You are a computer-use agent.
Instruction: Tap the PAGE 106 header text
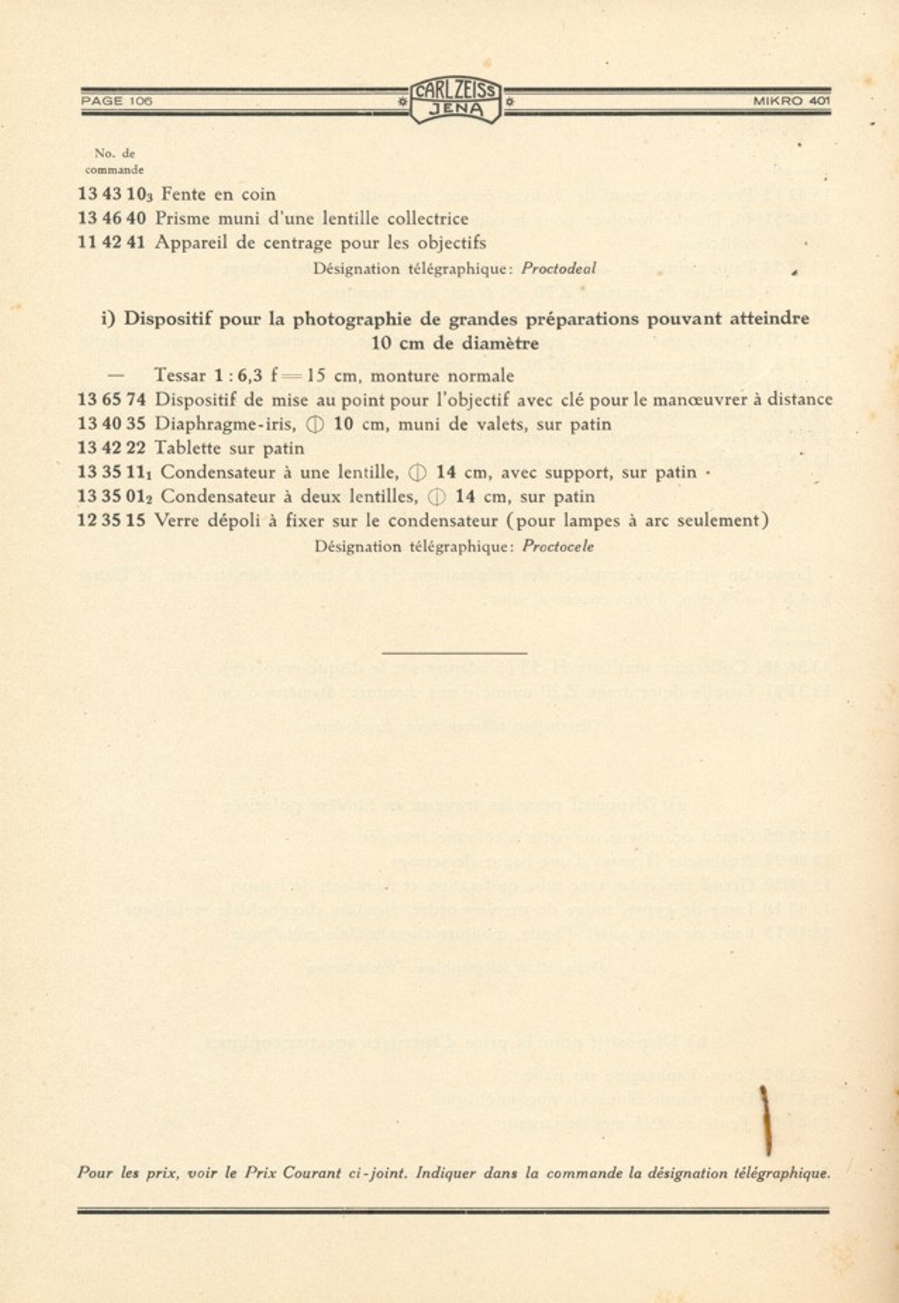click(117, 101)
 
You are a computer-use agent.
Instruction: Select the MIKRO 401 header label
click(792, 101)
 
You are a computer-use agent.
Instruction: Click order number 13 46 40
click(111, 219)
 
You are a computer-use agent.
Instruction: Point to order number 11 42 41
click(111, 243)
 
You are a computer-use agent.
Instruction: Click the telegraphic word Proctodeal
click(559, 269)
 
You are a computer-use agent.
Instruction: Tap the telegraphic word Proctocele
click(559, 546)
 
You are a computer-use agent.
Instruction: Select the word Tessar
click(181, 376)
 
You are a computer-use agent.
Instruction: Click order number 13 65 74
click(111, 400)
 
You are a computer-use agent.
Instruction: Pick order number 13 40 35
click(111, 424)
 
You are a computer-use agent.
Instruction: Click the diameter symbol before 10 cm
click(316, 425)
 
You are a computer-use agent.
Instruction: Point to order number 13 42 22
click(111, 448)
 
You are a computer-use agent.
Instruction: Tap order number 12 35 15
click(111, 521)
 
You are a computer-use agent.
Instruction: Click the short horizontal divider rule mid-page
click(455, 654)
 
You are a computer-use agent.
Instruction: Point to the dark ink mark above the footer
click(766, 1120)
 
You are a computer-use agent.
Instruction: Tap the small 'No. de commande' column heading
click(114, 161)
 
